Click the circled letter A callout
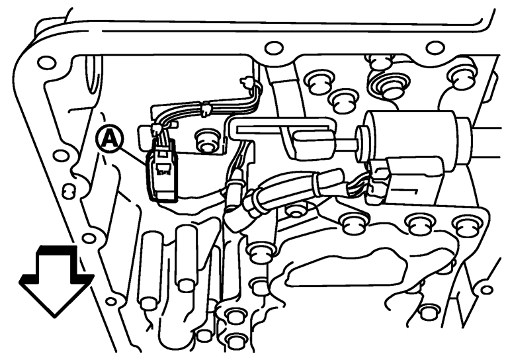tap(110, 139)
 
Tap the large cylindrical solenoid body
tap(412, 140)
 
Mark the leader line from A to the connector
tap(134, 156)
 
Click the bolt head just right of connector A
tap(206, 142)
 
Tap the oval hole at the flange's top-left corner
tap(46, 63)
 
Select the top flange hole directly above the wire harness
tap(274, 48)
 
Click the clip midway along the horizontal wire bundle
tap(206, 109)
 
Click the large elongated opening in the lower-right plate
tap(346, 267)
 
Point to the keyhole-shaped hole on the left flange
tap(67, 191)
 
